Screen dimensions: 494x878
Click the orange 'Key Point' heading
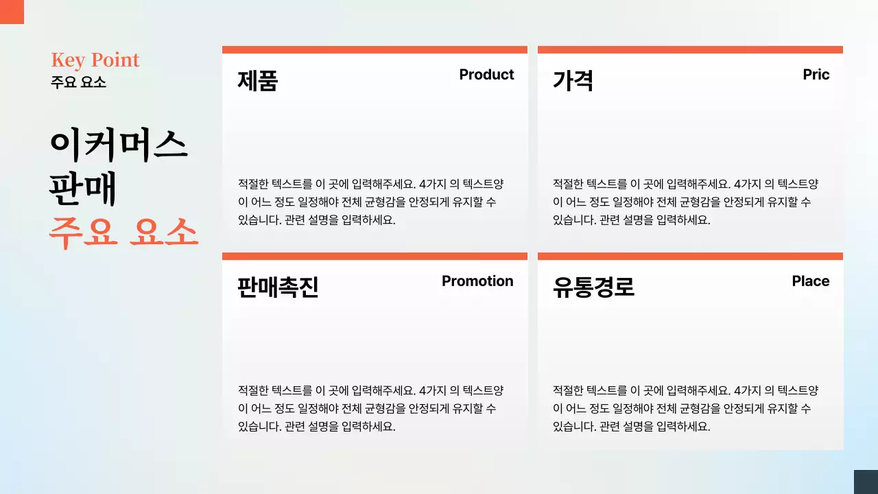[95, 60]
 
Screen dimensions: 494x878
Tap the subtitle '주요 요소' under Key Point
[78, 82]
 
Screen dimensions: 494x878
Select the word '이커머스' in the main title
[118, 145]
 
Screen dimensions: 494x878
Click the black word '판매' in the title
[83, 189]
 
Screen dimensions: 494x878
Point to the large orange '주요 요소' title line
[123, 233]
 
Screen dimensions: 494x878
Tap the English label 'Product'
[486, 75]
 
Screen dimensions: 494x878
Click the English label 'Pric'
[816, 75]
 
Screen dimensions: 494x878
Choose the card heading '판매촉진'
[278, 287]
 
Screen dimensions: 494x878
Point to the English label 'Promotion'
[477, 281]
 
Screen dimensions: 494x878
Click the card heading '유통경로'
[593, 287]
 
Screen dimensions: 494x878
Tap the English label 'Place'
[810, 281]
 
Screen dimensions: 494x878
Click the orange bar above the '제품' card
[375, 49]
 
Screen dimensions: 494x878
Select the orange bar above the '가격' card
[690, 49]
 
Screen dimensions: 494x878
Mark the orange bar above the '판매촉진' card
[375, 257]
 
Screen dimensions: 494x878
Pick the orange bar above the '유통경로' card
[690, 257]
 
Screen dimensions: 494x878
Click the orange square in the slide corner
[12, 12]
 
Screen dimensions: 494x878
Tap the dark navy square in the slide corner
[866, 482]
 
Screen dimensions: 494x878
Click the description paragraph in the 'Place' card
[685, 408]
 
